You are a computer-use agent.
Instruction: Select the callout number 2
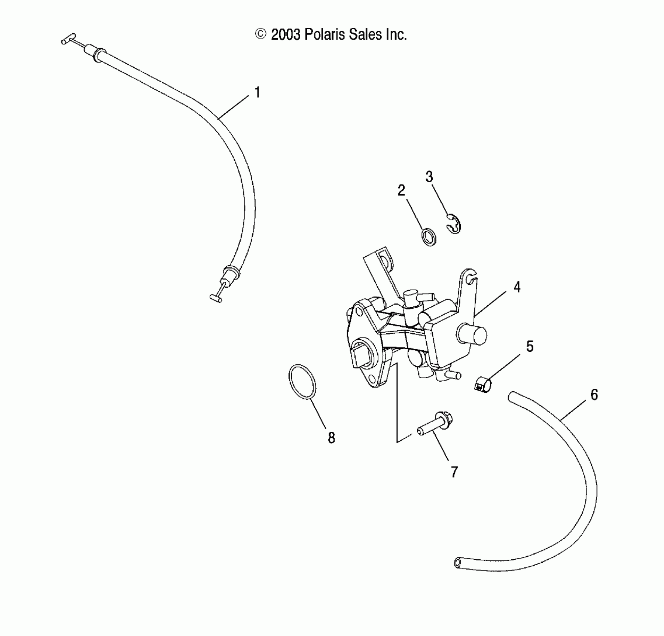(x=401, y=191)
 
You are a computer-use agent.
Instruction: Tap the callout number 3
(x=429, y=177)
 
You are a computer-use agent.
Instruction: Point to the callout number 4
(x=517, y=287)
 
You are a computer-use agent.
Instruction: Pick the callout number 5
(x=530, y=346)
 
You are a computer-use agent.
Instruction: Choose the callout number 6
(x=594, y=395)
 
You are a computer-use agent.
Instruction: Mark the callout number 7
(x=454, y=473)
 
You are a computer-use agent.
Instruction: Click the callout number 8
(x=331, y=438)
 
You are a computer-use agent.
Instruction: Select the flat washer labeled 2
(x=429, y=238)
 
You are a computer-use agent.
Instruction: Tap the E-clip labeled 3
(x=454, y=224)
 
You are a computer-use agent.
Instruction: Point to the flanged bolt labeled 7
(x=435, y=425)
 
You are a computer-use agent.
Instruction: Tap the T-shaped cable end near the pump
(x=216, y=298)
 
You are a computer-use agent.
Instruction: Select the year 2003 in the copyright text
(x=286, y=35)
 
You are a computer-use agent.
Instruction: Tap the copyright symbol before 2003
(x=261, y=34)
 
